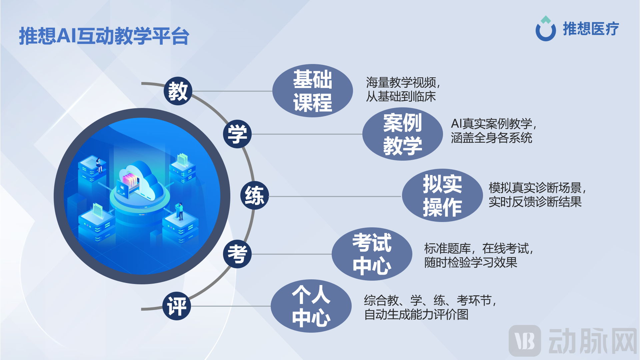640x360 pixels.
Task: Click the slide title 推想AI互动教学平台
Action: (x=104, y=36)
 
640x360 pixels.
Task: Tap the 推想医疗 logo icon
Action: (x=546, y=29)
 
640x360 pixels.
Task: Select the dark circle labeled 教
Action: (x=178, y=91)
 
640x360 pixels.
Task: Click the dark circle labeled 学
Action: (x=237, y=134)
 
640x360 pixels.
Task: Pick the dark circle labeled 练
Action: (x=254, y=195)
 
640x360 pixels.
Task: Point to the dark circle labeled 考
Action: (x=237, y=254)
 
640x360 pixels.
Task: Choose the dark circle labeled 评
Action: (x=177, y=306)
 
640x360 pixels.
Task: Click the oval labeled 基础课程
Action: (x=312, y=91)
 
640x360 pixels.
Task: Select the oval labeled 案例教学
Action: (x=402, y=134)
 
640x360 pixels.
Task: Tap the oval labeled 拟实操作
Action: (x=442, y=196)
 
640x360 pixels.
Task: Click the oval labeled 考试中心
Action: (x=372, y=254)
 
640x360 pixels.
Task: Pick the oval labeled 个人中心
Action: (x=311, y=306)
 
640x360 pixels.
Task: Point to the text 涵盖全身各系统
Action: (x=491, y=138)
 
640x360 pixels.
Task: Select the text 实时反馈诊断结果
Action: (x=535, y=202)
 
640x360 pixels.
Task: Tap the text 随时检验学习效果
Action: (x=470, y=262)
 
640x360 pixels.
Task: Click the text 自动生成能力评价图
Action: (x=416, y=314)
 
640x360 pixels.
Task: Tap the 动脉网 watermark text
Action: (x=592, y=341)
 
